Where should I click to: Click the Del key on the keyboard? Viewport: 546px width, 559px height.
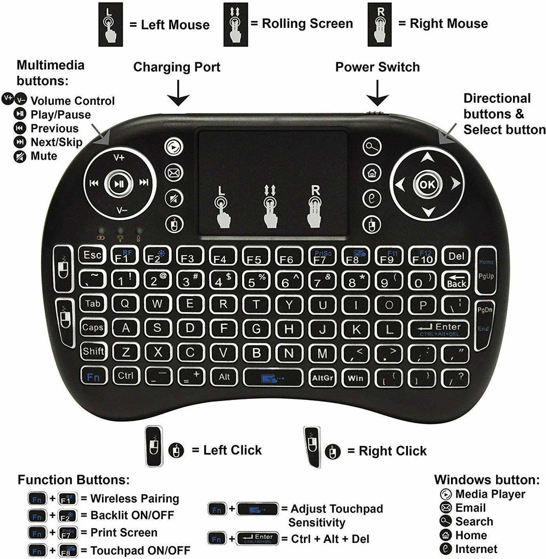point(456,256)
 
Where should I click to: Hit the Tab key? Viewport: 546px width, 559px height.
point(93,304)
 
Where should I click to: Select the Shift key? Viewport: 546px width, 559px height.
point(93,351)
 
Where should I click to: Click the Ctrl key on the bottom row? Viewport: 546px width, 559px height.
point(126,376)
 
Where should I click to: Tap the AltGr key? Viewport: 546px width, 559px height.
point(322,377)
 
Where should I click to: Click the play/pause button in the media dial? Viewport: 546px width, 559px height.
point(119,184)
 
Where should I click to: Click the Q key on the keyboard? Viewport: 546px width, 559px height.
point(124,304)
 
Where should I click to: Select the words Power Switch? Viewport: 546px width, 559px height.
point(378,67)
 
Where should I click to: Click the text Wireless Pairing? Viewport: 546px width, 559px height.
point(135,499)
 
